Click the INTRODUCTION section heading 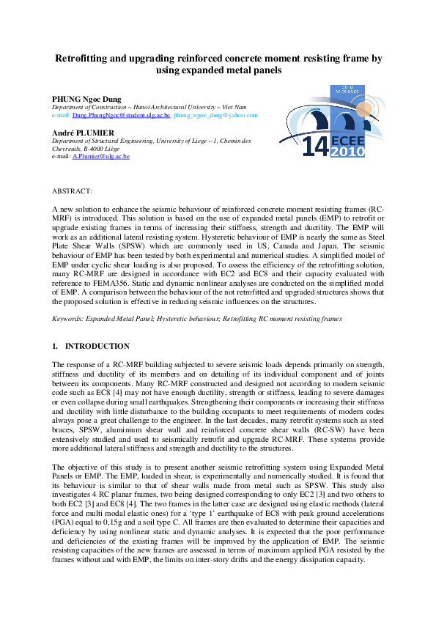pos(97,346)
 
